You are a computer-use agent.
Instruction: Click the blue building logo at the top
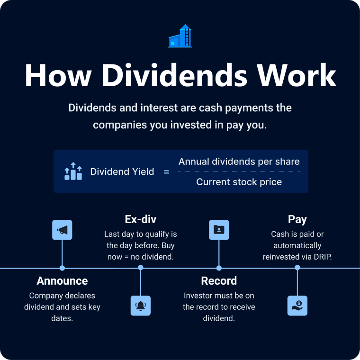pos(180,36)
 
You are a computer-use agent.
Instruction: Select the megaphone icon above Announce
pos(62,230)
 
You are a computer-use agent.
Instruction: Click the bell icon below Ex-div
pos(141,306)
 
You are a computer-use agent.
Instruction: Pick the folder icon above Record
pos(219,230)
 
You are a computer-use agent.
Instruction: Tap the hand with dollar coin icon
pos(297,306)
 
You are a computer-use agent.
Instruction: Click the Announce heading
pos(62,281)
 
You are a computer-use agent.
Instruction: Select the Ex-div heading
pos(141,219)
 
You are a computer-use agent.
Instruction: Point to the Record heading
pos(219,281)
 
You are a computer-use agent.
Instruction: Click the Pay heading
pos(297,219)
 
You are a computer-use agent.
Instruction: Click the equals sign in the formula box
pos(166,172)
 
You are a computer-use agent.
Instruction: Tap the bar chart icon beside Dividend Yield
pos(73,171)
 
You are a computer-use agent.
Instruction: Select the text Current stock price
pos(239,182)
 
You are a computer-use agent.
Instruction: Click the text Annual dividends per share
pos(239,162)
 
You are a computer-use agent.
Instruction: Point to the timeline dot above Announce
pos(62,268)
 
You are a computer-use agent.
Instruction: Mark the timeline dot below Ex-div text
pos(141,268)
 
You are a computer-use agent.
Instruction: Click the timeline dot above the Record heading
pos(219,268)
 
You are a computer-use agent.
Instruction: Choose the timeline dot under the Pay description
pos(297,268)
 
